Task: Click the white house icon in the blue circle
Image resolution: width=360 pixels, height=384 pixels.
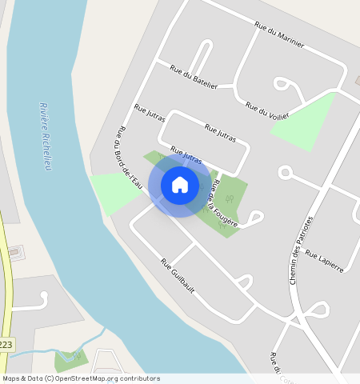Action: pyautogui.click(x=180, y=185)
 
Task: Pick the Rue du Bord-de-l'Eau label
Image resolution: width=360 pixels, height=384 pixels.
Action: pyautogui.click(x=129, y=158)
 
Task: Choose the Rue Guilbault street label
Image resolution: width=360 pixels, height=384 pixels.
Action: pyautogui.click(x=178, y=274)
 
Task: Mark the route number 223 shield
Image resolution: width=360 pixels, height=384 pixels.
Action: pyautogui.click(x=6, y=344)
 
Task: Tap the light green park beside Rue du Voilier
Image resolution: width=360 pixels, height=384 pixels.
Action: pyautogui.click(x=305, y=119)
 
